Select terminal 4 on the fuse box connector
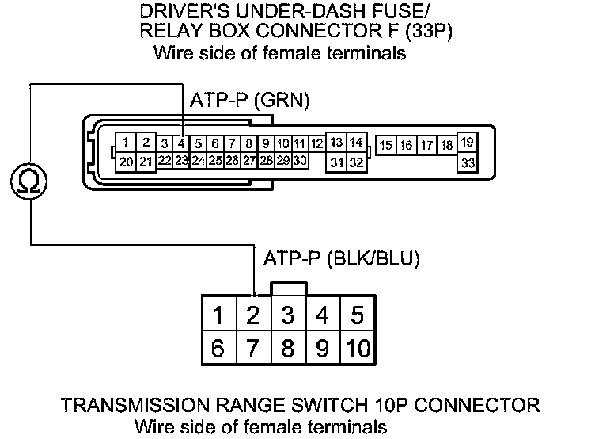click(x=181, y=143)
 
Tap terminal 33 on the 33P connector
click(x=467, y=162)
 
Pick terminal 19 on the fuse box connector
click(x=467, y=143)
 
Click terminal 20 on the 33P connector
click(x=126, y=161)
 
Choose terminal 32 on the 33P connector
click(x=356, y=162)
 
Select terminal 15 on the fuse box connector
click(x=386, y=145)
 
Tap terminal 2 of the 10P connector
click(x=253, y=315)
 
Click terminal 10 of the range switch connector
click(x=358, y=347)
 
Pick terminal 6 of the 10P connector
click(x=218, y=347)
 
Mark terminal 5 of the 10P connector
click(x=357, y=315)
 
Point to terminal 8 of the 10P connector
click(x=288, y=347)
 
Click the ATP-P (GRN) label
click(x=250, y=101)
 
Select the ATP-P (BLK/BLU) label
click(x=339, y=259)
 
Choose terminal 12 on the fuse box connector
click(x=316, y=143)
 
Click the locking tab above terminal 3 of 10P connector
click(x=288, y=288)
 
